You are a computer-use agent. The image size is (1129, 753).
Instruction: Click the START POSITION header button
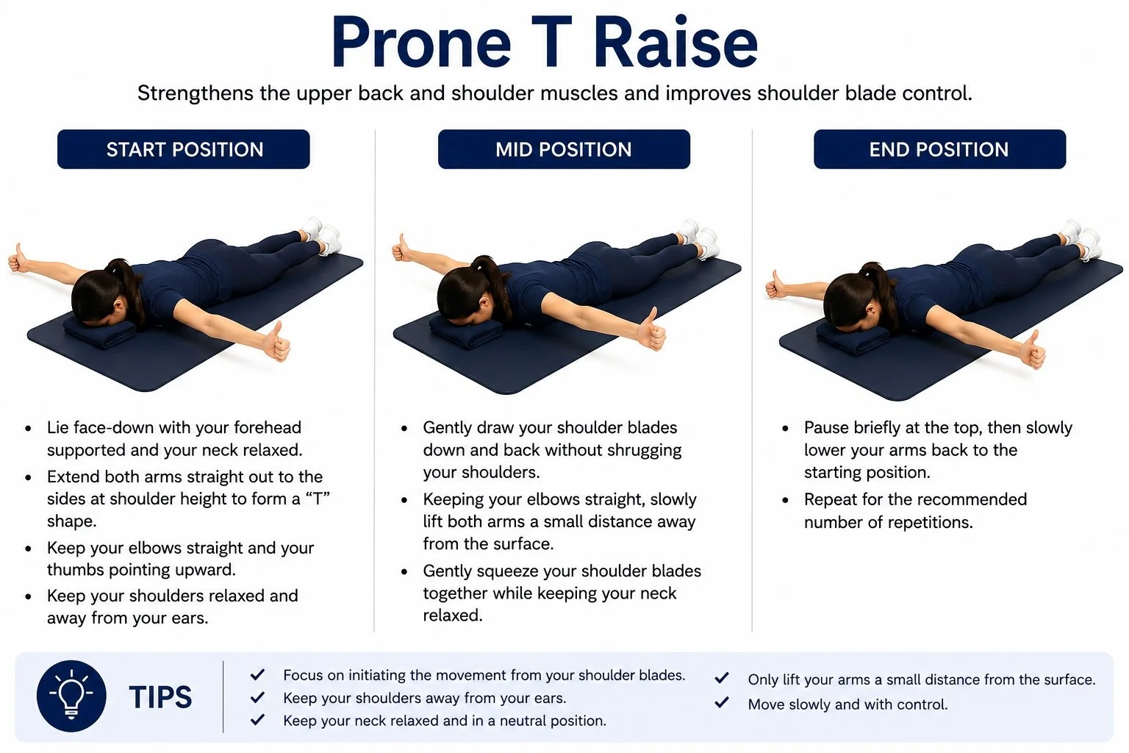coord(184,149)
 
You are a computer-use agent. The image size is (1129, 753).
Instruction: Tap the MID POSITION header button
coord(564,149)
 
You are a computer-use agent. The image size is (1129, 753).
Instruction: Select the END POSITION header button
coord(939,149)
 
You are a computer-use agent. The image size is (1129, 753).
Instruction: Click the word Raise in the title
coord(675,43)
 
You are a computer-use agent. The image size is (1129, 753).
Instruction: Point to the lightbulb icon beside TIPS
coord(71,696)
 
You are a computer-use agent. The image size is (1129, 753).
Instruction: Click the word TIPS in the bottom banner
coord(160,697)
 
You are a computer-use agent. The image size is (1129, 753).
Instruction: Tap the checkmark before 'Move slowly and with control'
coord(722,702)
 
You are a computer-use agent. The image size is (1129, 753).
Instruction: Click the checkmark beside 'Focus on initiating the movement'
coord(257,674)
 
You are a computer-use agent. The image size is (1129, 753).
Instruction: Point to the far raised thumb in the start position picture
coord(17,258)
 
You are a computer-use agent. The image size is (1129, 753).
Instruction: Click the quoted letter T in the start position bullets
coord(318,499)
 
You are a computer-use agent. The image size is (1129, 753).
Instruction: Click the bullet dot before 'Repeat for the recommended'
coord(785,500)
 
